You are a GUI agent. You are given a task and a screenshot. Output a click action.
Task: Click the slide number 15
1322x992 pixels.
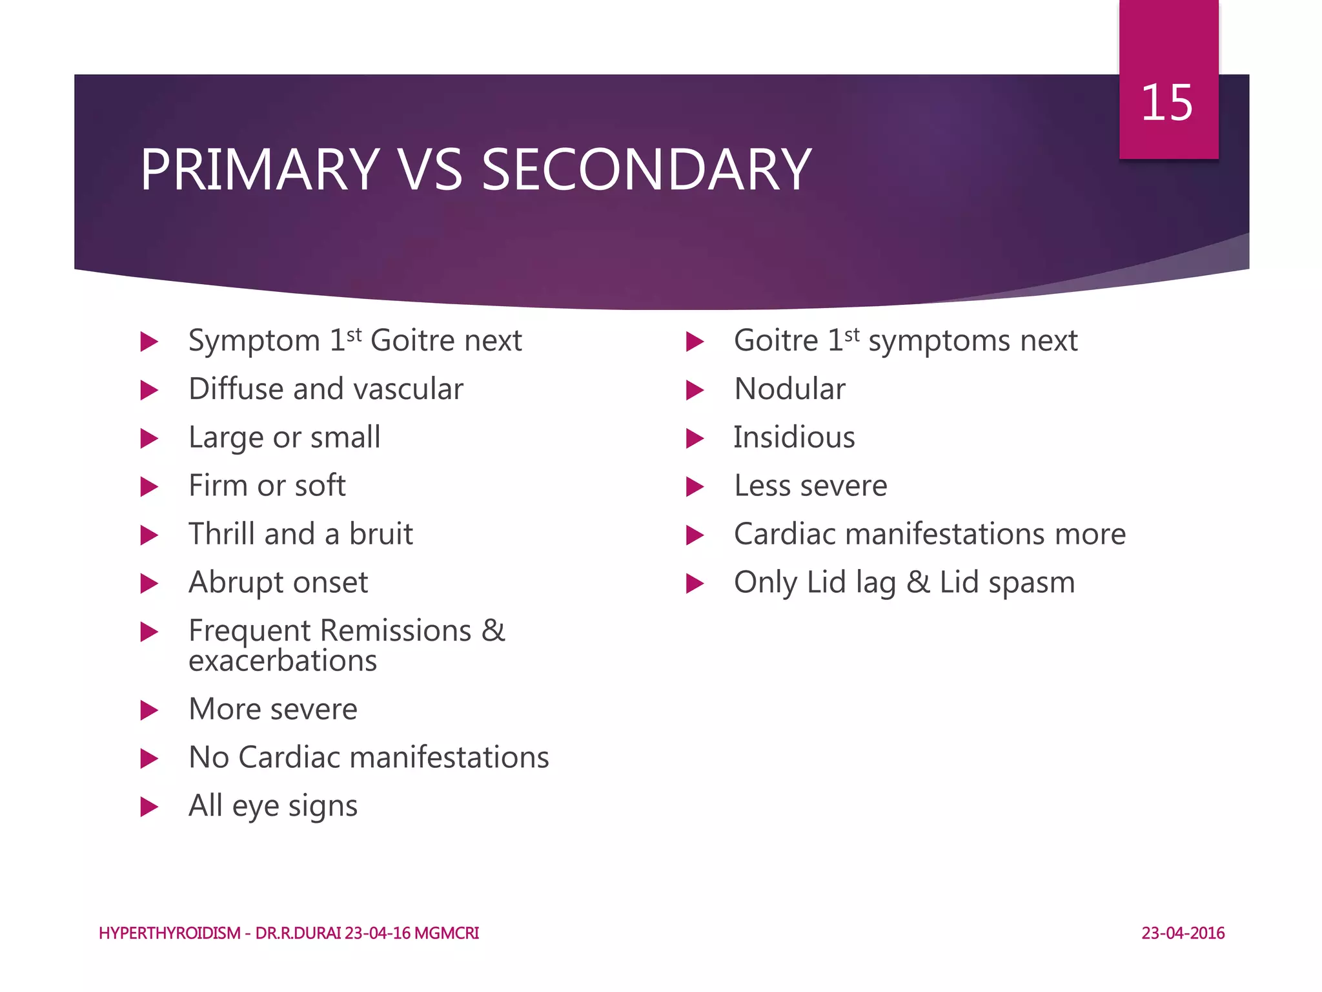click(1166, 103)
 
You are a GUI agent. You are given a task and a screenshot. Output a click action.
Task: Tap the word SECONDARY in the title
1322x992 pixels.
click(646, 170)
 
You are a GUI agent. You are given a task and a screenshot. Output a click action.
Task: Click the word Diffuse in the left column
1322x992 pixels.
click(236, 389)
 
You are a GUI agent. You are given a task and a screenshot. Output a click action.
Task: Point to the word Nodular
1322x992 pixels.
click(789, 389)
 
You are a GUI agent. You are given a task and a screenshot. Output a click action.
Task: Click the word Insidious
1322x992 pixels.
click(794, 437)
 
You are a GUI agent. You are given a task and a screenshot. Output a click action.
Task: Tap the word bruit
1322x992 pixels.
click(381, 534)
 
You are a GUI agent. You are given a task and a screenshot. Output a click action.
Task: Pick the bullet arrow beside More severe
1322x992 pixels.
click(149, 710)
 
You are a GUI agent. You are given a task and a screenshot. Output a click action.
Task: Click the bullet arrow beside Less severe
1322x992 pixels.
click(695, 486)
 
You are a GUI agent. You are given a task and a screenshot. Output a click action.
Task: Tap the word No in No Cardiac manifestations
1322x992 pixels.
click(208, 758)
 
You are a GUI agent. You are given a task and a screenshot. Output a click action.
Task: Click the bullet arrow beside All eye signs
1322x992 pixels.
click(149, 807)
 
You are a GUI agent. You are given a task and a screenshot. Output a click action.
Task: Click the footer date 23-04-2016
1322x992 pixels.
click(1183, 933)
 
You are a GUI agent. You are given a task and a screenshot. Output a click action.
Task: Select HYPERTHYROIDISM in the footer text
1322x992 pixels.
click(170, 933)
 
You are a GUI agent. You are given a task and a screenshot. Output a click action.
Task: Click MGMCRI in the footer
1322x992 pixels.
click(447, 933)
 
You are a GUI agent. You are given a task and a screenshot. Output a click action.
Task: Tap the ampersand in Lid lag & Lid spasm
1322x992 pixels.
click(918, 583)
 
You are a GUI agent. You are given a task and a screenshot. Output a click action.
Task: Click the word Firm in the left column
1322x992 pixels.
click(217, 486)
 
